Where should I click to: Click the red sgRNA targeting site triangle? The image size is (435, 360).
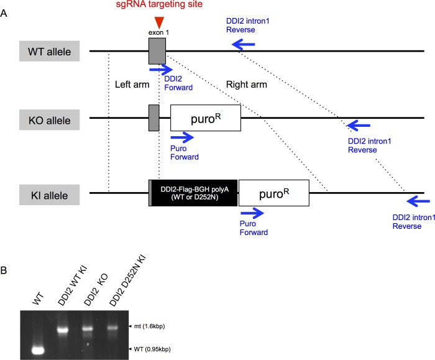(160, 24)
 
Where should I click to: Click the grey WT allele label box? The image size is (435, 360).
(50, 51)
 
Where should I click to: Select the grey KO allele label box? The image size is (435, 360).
(50, 119)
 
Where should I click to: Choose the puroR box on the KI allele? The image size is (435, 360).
(273, 193)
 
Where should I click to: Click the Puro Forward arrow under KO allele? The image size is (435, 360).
(183, 136)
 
